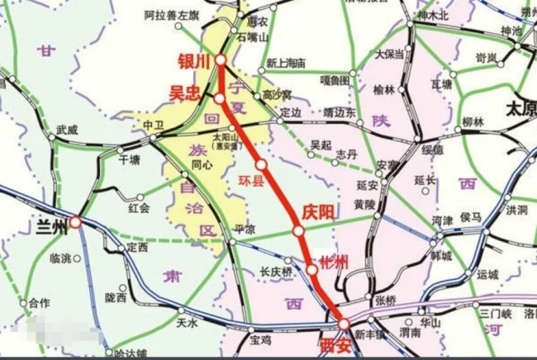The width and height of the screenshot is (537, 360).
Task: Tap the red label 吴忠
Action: point(186,93)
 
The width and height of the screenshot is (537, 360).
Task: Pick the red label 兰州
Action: point(50,222)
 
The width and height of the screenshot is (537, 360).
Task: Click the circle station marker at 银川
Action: point(221,60)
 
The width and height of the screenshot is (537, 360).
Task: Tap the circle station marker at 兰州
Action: point(75,222)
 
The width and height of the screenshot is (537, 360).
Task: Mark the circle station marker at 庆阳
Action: point(298,231)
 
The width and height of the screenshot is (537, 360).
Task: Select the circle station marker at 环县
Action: point(262,164)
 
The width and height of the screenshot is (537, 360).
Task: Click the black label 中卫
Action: point(154,125)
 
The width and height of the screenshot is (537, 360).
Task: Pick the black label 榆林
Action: point(384,89)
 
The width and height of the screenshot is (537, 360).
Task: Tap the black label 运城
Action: point(487,274)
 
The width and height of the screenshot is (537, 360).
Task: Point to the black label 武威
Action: point(68,130)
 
